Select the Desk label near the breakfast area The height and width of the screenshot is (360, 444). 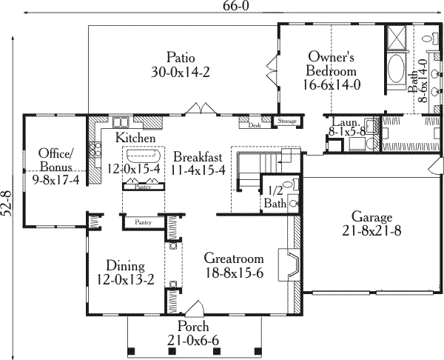255,125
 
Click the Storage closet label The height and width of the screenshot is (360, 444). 286,121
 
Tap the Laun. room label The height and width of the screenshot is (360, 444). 345,124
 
